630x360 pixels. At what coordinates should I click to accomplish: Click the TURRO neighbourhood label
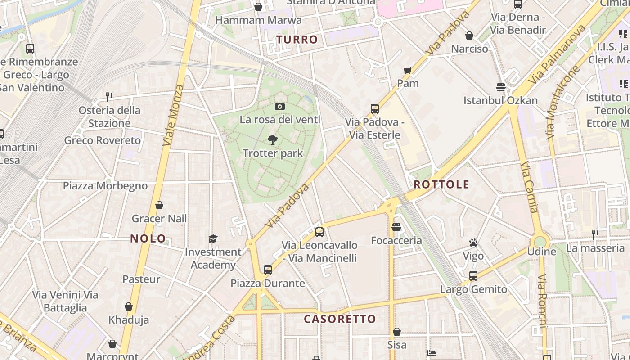point(297,40)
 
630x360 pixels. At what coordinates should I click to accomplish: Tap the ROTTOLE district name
point(441,184)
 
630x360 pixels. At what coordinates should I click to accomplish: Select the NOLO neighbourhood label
point(148,238)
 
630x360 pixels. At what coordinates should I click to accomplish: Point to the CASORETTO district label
point(340,319)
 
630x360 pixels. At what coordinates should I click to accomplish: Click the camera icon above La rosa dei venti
point(280,107)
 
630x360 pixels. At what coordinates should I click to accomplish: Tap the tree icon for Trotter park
point(272,140)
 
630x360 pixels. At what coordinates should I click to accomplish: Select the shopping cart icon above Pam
point(408,70)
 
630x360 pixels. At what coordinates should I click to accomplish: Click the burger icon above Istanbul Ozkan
point(500,87)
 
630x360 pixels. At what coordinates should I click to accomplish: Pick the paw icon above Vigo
point(473,243)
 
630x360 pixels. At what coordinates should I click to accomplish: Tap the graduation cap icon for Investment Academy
point(213,238)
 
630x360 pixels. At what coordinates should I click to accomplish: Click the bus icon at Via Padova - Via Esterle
point(374,108)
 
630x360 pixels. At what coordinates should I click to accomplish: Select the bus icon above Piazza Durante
point(268,270)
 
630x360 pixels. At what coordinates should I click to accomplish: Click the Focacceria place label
point(396,241)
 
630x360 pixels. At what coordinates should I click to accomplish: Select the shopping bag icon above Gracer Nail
point(159,206)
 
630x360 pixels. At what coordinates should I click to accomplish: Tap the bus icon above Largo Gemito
point(473,276)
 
